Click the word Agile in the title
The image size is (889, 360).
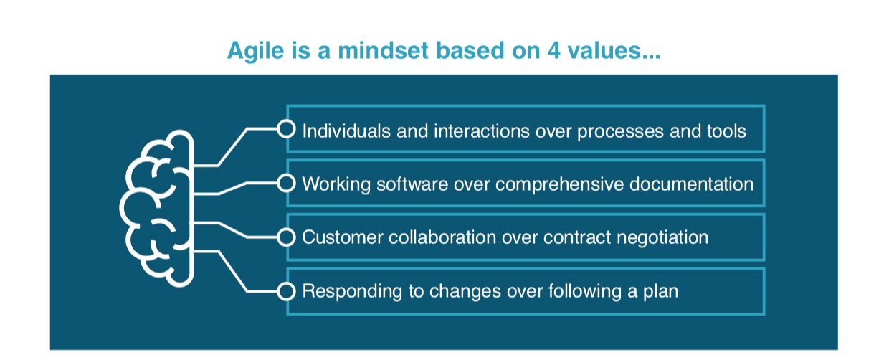click(x=255, y=52)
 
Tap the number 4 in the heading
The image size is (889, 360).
click(x=554, y=51)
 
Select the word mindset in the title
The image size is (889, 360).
click(x=384, y=51)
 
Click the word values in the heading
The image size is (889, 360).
click(x=609, y=51)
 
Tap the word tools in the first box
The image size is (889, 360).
click(x=726, y=131)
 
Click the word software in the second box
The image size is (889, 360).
click(x=412, y=184)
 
